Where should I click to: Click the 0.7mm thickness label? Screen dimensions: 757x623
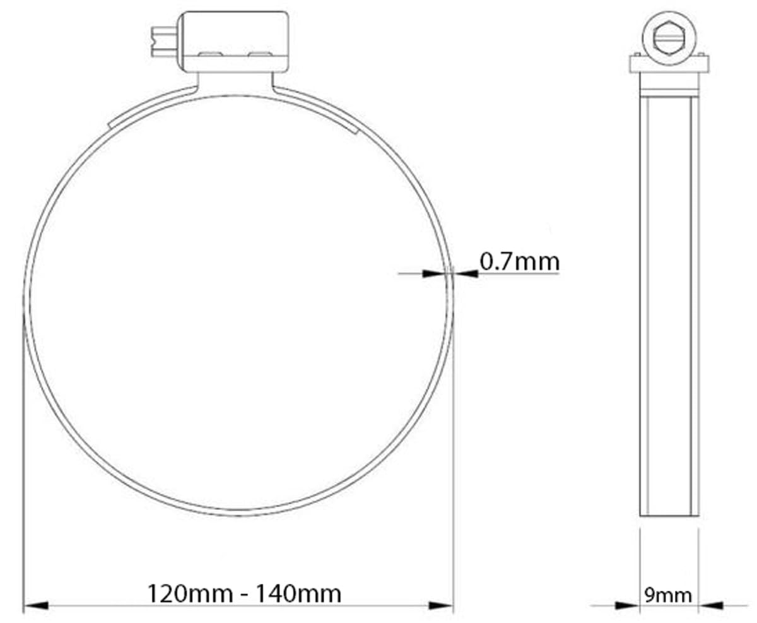point(519,262)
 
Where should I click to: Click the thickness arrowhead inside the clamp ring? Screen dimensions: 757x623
point(434,274)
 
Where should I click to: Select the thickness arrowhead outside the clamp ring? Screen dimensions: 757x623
point(466,274)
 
